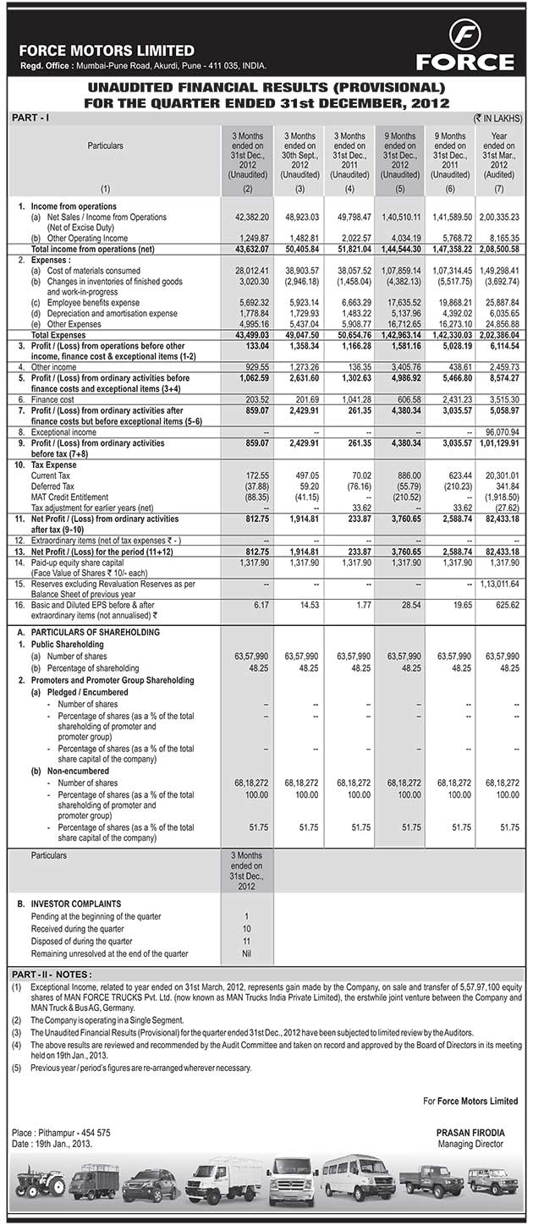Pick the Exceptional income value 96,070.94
[499, 431]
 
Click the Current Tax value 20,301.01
[499, 476]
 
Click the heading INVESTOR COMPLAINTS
[75, 904]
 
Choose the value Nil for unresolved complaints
[246, 953]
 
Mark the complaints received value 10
[246, 929]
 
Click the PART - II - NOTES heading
[52, 975]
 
